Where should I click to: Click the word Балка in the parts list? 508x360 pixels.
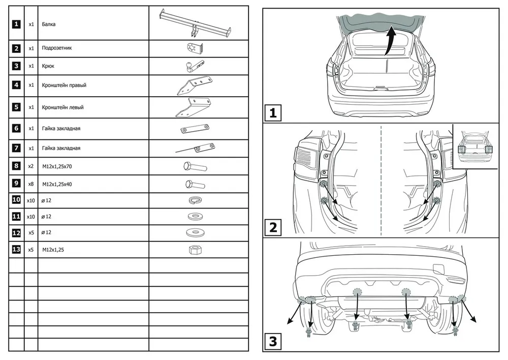tap(49, 24)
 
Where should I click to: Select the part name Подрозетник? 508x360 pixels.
tap(56, 49)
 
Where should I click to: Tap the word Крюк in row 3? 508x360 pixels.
tap(48, 66)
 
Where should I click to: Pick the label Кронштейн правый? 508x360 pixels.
tap(64, 85)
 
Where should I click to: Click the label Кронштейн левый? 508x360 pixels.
tap(62, 108)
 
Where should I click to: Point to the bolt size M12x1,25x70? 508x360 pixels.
tap(58, 166)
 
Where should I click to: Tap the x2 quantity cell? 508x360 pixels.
tap(31, 166)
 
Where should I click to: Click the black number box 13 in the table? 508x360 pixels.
tap(17, 250)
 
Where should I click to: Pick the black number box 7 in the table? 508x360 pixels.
tap(17, 148)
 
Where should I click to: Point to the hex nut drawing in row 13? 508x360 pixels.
tap(194, 250)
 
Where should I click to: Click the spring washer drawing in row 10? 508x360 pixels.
tap(194, 200)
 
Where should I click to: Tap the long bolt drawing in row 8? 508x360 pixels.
tap(194, 166)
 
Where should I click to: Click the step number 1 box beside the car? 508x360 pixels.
tap(273, 112)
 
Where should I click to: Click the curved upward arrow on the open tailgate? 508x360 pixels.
tap(390, 41)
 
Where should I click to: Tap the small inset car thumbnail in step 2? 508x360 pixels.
tap(476, 145)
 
